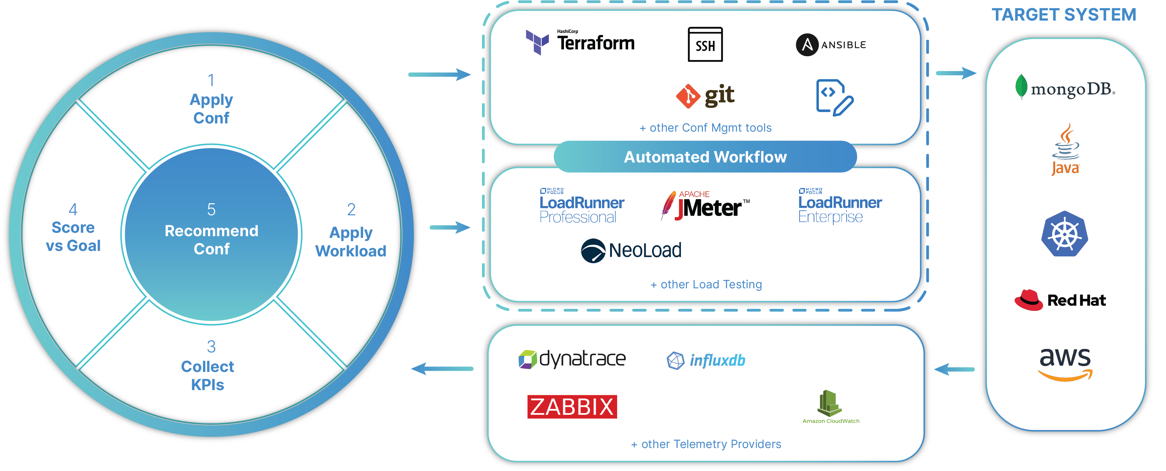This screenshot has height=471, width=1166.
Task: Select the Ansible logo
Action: tap(831, 45)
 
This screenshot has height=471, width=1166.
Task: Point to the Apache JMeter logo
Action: tap(705, 206)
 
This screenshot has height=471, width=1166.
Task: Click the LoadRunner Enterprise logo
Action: tap(840, 206)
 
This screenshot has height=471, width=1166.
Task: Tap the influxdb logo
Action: tap(706, 361)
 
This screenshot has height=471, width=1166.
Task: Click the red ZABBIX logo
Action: tap(572, 406)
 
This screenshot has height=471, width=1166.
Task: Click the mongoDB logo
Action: tap(1064, 88)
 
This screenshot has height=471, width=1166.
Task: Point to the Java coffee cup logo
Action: tap(1065, 150)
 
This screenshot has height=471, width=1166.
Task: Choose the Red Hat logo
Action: tap(1060, 300)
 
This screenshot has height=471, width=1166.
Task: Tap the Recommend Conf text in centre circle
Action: tap(211, 239)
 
